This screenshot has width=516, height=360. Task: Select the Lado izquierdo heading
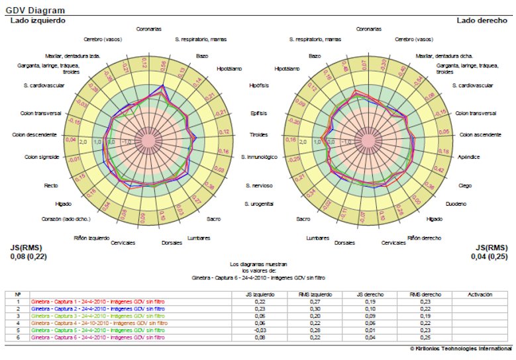(x=37, y=21)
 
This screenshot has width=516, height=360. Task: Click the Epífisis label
(x=258, y=113)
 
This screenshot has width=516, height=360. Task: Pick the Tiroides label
(x=259, y=135)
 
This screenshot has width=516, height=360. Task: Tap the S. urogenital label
(x=258, y=203)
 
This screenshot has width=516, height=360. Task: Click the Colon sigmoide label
(x=42, y=157)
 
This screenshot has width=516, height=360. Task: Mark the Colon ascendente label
(x=479, y=135)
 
